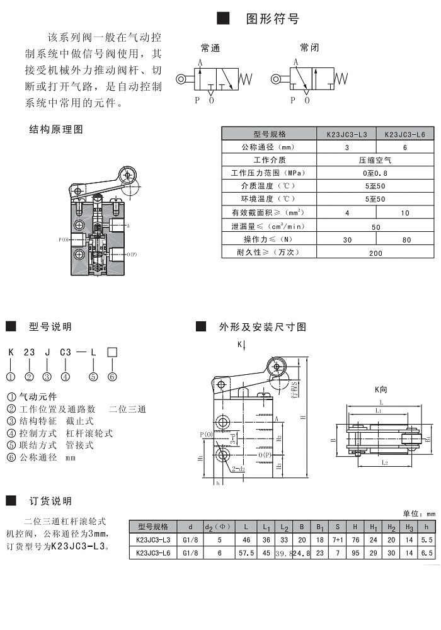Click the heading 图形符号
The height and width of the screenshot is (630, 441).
[x=272, y=19]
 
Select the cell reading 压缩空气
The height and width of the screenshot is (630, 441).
[x=375, y=160]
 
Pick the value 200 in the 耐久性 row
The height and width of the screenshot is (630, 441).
[x=375, y=253]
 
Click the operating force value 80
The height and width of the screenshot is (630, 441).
[x=406, y=239]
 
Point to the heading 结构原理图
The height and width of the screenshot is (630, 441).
[x=56, y=130]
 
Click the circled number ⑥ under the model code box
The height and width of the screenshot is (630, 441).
[x=112, y=377]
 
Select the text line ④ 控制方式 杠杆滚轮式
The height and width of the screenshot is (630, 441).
[x=60, y=433]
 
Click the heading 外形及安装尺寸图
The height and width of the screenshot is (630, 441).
[x=262, y=327]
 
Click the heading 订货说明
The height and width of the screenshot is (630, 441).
[x=50, y=501]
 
